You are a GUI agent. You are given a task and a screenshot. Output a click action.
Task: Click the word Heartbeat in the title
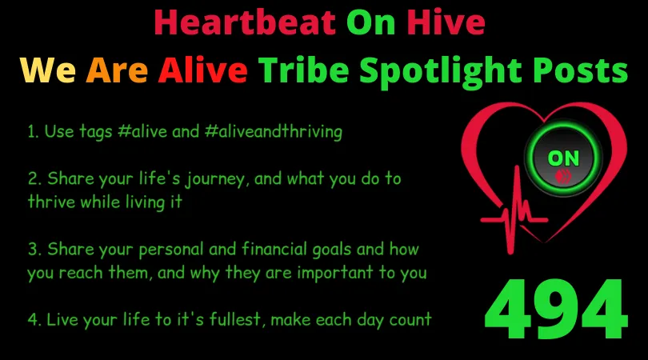tap(245, 22)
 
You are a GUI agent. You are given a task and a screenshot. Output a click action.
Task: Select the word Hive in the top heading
tap(446, 22)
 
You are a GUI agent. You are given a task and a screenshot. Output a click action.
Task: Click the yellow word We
tap(47, 70)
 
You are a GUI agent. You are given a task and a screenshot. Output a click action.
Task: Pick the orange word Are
tap(117, 70)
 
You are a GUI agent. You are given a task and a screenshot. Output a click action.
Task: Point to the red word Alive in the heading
tap(202, 70)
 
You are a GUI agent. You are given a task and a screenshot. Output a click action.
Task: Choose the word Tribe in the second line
tap(304, 70)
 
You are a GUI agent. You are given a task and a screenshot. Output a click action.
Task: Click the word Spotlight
tap(441, 72)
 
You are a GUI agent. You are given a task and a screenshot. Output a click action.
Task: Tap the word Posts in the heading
tap(580, 70)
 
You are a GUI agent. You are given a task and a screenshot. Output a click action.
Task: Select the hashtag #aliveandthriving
tap(273, 132)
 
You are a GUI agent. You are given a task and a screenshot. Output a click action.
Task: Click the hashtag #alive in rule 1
tap(142, 132)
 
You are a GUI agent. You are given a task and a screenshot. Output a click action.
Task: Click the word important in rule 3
tap(335, 274)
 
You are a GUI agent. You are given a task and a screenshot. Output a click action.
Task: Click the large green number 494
tap(556, 308)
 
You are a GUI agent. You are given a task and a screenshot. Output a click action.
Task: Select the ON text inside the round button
tap(563, 158)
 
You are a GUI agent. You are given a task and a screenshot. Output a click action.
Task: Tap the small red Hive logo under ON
tap(563, 177)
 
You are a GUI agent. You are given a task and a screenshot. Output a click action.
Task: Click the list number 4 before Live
tap(33, 319)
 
